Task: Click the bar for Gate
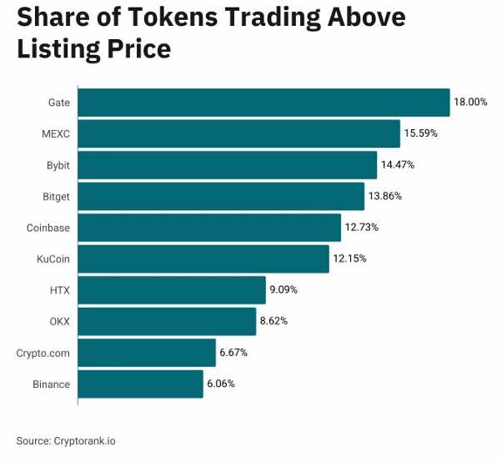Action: tap(264, 102)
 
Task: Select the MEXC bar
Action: tap(238, 133)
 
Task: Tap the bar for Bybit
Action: tap(227, 165)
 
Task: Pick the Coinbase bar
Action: tap(209, 228)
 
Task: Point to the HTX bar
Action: tap(172, 290)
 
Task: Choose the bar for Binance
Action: tap(140, 384)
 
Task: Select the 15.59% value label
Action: tap(420, 133)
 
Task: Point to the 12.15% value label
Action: tap(349, 259)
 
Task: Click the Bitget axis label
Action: tap(55, 196)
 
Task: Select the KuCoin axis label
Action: tap(53, 259)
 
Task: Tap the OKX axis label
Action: tap(59, 321)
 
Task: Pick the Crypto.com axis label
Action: tap(43, 353)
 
